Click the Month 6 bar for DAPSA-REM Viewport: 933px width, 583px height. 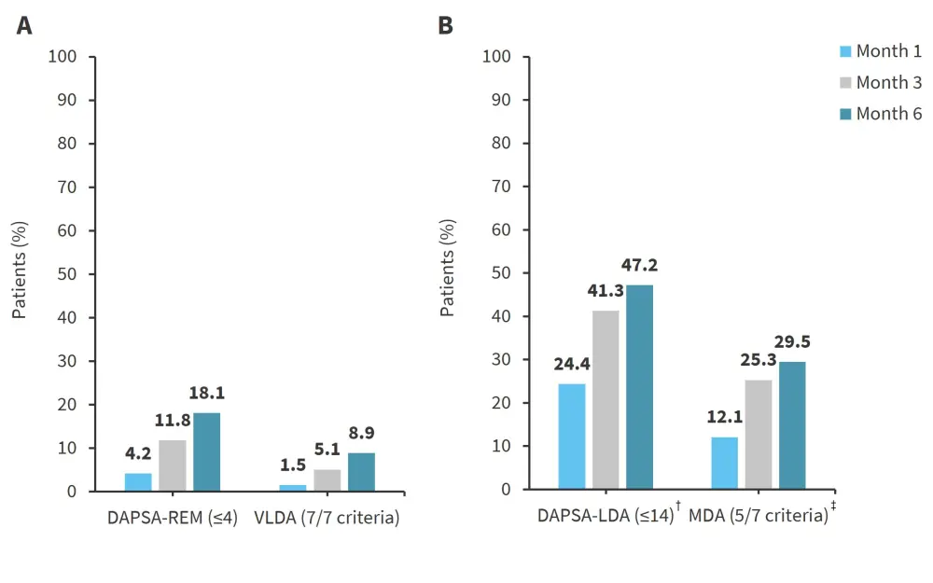206,451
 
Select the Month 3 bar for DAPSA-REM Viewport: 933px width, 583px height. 173,465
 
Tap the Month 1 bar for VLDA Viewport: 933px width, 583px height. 292,487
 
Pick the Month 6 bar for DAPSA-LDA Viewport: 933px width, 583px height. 639,387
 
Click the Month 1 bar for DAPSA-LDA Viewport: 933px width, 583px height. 571,437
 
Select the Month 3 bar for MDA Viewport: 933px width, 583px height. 758,435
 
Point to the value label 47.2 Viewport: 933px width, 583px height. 639,267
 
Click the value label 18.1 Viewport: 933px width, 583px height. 206,394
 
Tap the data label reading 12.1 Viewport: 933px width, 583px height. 723,417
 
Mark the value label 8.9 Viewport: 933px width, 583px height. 360,433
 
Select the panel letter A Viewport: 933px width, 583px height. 24,26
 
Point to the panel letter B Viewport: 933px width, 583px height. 446,26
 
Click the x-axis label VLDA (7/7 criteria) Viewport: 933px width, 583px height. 327,518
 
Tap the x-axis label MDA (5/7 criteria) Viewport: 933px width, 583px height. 759,517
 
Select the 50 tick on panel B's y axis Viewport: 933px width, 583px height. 502,273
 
